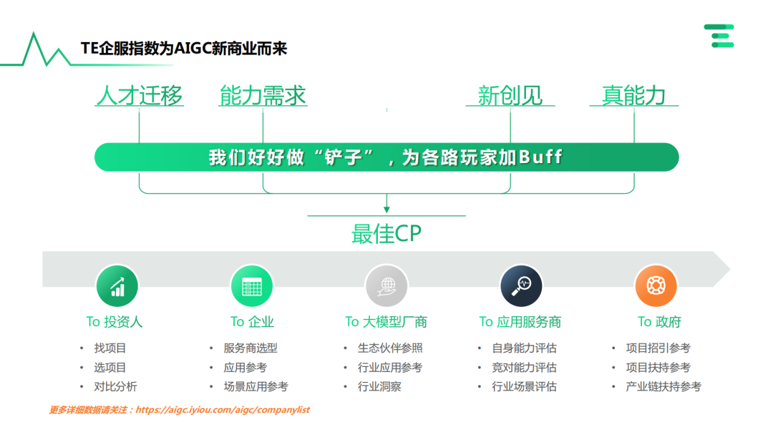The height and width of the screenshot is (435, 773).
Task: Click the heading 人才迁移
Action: tap(140, 96)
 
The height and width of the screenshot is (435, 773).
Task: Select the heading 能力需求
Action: tap(263, 96)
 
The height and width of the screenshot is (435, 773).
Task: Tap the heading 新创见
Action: tap(510, 96)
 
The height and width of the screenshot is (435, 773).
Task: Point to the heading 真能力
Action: tap(633, 96)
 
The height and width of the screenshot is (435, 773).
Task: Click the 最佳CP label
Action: tap(386, 233)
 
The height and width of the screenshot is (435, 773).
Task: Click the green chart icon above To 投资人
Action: tap(117, 286)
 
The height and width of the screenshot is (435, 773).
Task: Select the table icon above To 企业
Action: tap(252, 286)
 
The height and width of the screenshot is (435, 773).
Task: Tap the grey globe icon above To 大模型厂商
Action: tap(386, 286)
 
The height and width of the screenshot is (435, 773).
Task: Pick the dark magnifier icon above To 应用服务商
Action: tap(521, 286)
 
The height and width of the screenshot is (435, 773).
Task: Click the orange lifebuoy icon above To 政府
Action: tap(656, 286)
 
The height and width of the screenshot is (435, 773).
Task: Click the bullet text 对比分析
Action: tap(115, 386)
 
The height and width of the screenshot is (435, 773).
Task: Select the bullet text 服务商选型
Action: tap(251, 348)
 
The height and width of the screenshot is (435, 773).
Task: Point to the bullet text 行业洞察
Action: tap(379, 386)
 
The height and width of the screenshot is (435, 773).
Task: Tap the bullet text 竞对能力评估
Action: tap(524, 368)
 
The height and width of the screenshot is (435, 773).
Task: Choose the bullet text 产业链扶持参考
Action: tap(663, 386)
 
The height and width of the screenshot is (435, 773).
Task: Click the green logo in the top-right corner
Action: tap(719, 36)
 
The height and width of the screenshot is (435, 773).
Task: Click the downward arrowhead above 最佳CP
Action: tap(386, 209)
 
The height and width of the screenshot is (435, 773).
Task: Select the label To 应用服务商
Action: tap(520, 322)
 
